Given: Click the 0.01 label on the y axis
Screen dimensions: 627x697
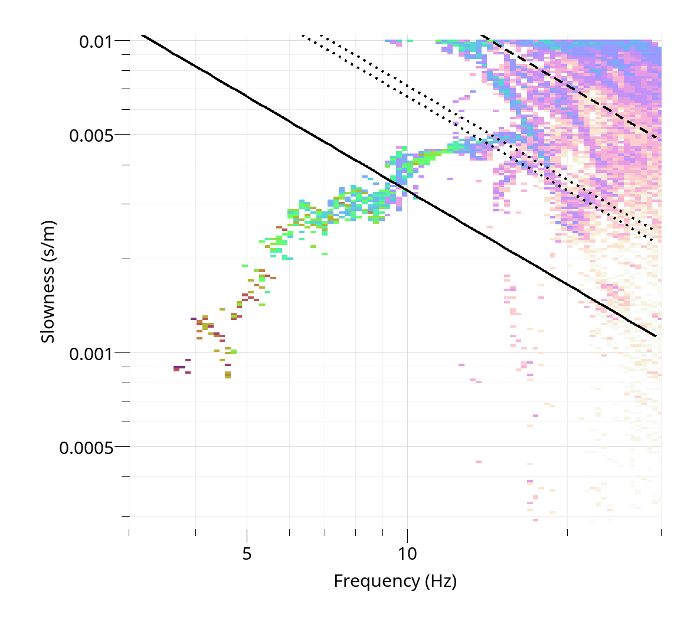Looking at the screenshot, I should [x=96, y=42].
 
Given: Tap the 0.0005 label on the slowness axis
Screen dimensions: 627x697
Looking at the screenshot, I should [x=86, y=448].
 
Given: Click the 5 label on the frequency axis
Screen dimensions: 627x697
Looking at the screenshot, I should [x=247, y=554].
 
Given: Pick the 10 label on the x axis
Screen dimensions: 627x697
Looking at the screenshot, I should [x=407, y=554].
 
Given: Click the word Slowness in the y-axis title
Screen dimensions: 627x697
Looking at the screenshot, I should [x=48, y=304].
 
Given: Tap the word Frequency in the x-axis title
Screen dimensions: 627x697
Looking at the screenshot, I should [x=377, y=581].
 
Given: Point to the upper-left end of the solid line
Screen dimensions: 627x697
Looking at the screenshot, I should [x=142, y=36].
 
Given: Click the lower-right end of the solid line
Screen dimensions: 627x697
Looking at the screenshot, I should [x=656, y=336].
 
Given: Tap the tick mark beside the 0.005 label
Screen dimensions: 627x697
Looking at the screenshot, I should [x=122, y=135].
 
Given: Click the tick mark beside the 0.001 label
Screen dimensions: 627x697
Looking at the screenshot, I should [x=122, y=353].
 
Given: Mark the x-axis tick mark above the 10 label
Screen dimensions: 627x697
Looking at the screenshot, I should [x=407, y=533].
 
